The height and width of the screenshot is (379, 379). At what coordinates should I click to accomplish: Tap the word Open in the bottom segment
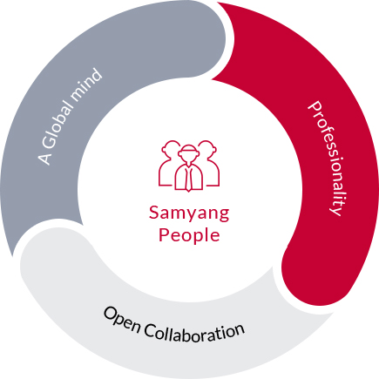click(x=122, y=320)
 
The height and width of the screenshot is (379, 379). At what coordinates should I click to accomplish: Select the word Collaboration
click(x=194, y=333)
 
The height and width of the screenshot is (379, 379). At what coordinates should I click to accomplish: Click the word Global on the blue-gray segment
click(x=58, y=125)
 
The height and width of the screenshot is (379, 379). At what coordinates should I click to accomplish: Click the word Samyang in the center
click(x=189, y=213)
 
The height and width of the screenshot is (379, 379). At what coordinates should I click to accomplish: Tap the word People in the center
click(x=189, y=234)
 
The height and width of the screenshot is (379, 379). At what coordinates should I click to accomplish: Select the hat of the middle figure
click(x=189, y=149)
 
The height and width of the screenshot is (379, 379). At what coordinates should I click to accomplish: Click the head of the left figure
click(x=172, y=149)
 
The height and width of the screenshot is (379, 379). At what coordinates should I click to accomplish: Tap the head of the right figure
click(x=207, y=149)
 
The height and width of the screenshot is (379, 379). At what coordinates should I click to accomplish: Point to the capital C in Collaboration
click(x=149, y=329)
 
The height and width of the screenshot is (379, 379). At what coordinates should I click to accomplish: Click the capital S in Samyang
click(x=154, y=212)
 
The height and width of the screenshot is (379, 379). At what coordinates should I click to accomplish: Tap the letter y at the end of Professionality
click(x=338, y=210)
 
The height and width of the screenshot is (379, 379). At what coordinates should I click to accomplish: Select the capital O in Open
click(x=110, y=314)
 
